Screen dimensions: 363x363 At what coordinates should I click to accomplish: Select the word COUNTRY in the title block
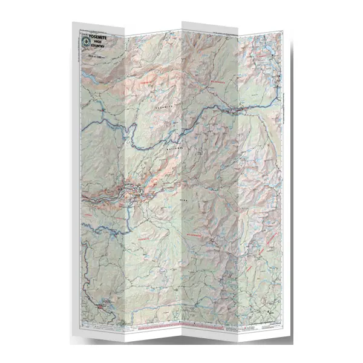pyautogui.click(x=99, y=48)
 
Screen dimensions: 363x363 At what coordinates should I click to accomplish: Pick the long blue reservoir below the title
pyautogui.click(x=103, y=121)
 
